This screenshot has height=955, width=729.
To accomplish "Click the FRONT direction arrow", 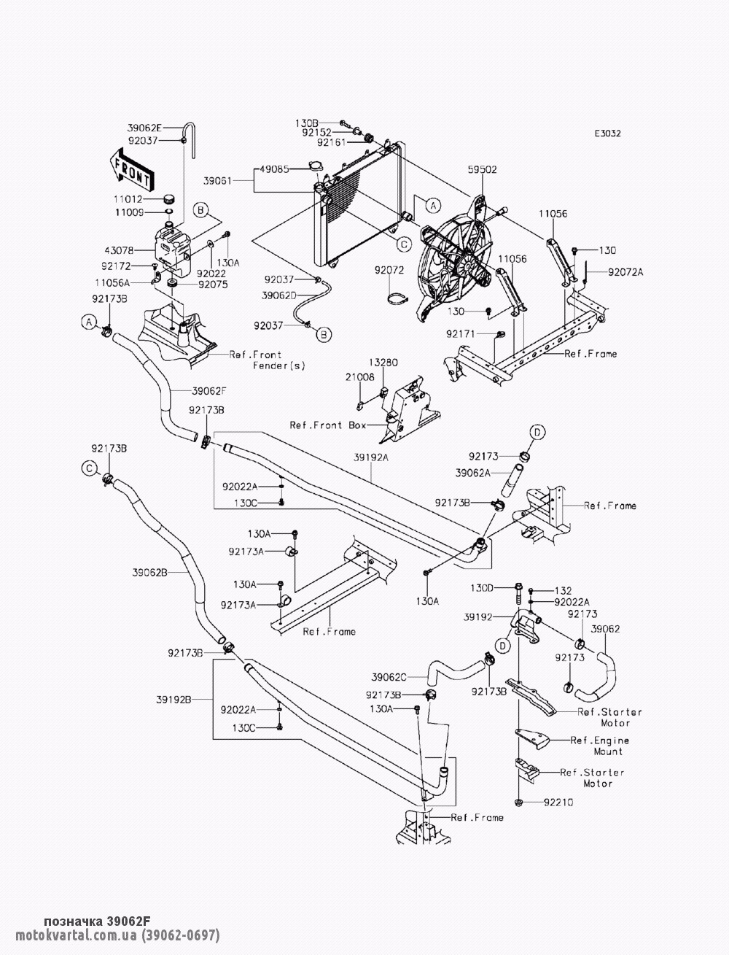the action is click(x=131, y=170).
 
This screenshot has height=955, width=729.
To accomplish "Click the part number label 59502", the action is click(x=482, y=170).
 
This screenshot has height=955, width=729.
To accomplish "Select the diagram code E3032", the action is click(x=608, y=134).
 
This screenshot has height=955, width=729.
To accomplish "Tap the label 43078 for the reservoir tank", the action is click(x=119, y=251).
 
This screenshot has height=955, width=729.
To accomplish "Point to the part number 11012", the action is click(x=128, y=199).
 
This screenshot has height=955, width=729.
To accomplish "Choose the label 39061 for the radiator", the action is click(x=218, y=180).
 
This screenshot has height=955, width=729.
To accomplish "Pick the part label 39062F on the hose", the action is click(x=209, y=391).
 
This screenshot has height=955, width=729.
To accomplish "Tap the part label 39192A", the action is click(x=371, y=457).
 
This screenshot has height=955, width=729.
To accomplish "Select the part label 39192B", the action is click(x=174, y=700).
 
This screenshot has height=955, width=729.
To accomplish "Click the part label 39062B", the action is click(x=150, y=573).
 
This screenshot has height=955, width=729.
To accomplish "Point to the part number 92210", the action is click(x=558, y=803).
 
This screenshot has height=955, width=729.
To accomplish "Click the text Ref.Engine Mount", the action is click(x=600, y=746).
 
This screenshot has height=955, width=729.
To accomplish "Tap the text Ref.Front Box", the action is click(x=328, y=425).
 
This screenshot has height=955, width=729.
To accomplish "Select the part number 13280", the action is click(x=383, y=363).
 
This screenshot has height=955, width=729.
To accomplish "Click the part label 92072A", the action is click(x=625, y=272).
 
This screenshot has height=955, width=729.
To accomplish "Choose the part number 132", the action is click(x=563, y=590).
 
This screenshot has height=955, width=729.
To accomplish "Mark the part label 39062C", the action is click(x=389, y=678).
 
